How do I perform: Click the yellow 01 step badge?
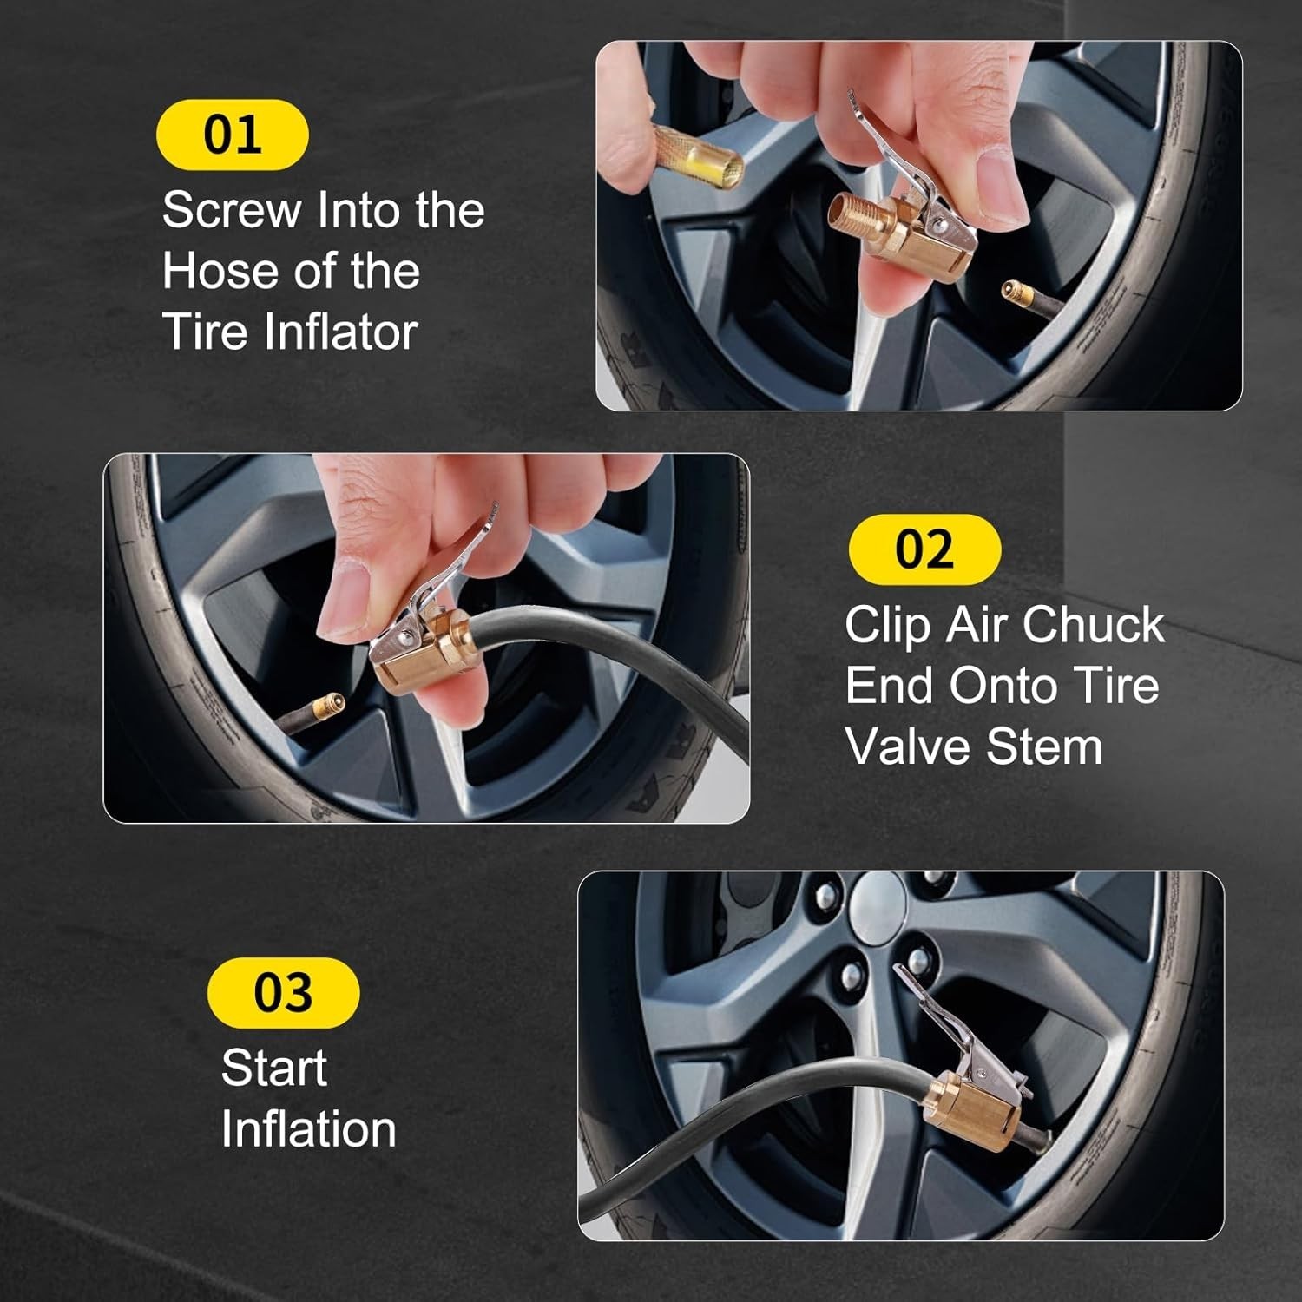232,135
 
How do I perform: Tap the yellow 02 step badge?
924,549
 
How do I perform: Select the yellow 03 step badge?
283,992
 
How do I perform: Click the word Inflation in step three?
308,1129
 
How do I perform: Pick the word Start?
273,1068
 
